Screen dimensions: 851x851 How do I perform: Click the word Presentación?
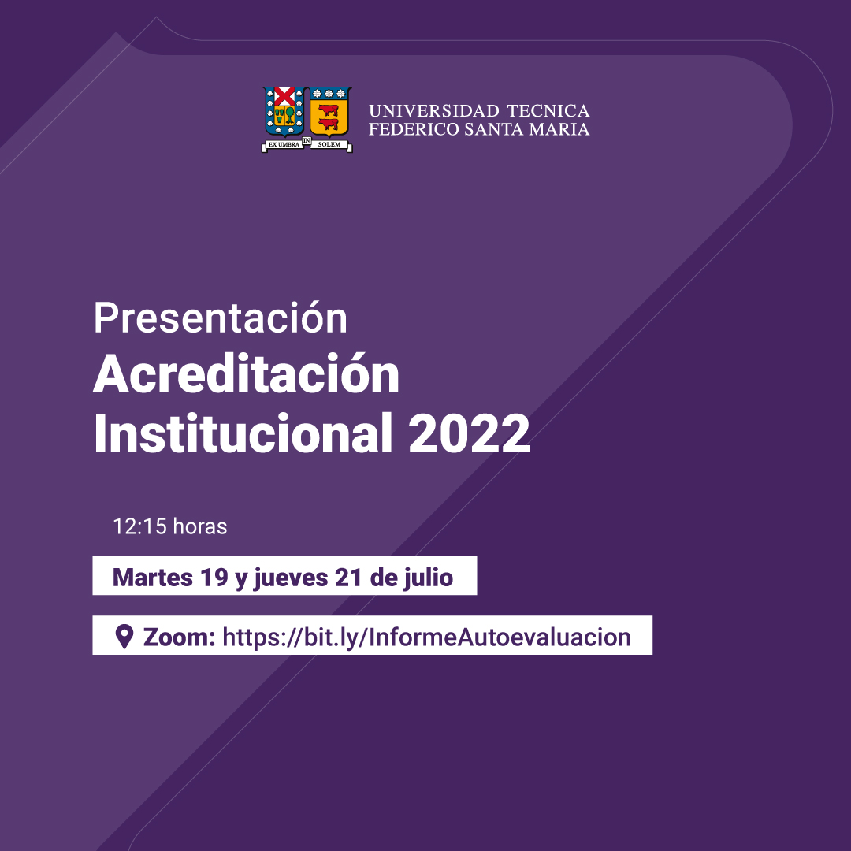tap(221, 318)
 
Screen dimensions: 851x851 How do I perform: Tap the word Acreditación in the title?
tap(247, 373)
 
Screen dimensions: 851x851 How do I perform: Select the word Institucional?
tap(243, 433)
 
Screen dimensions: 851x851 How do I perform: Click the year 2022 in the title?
tap(469, 433)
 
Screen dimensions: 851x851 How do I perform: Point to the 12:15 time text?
tap(139, 526)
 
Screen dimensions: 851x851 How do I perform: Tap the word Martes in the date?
tap(153, 577)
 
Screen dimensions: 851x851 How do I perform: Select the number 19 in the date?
tap(214, 577)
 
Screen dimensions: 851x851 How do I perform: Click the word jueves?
tap(290, 578)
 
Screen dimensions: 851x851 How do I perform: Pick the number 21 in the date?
tap(348, 577)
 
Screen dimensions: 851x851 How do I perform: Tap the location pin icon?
tap(124, 637)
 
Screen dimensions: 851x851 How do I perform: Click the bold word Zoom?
tap(179, 637)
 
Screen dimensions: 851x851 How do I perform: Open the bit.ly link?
tap(426, 637)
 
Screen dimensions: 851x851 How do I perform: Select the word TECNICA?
tap(548, 111)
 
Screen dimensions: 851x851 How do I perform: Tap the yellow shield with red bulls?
tap(329, 112)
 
